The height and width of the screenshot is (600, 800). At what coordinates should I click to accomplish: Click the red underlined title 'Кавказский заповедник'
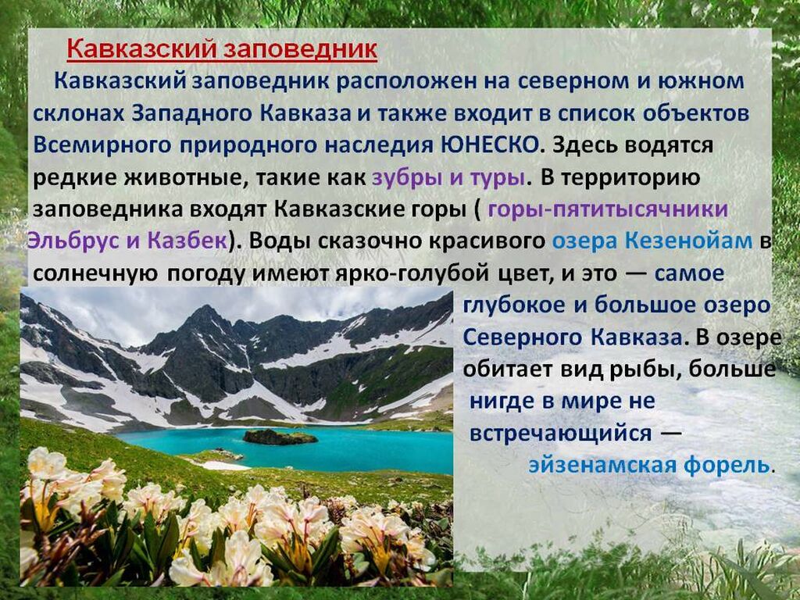tap(222, 50)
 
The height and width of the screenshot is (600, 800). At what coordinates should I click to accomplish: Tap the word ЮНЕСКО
tap(489, 145)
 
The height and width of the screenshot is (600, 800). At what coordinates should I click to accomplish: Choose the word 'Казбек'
tap(187, 241)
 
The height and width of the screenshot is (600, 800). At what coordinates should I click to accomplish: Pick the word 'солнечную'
tap(95, 274)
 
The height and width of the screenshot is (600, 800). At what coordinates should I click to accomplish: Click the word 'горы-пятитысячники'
tap(608, 209)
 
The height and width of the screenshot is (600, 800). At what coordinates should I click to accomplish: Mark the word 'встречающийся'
tap(561, 434)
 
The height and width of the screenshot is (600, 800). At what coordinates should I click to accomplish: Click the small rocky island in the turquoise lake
tap(280, 437)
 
